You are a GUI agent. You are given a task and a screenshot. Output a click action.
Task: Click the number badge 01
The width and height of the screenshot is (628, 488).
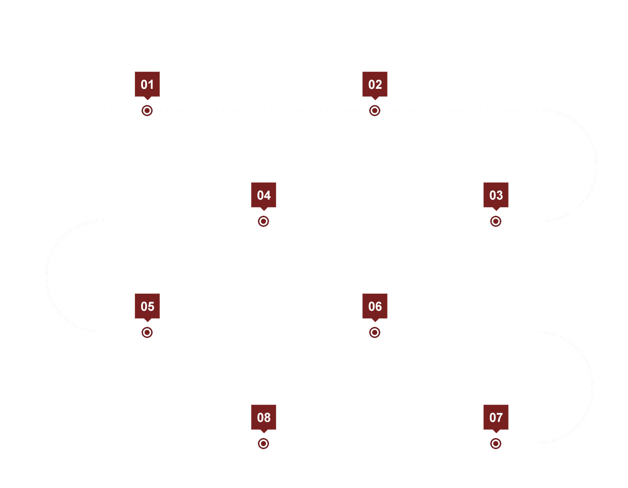click(147, 84)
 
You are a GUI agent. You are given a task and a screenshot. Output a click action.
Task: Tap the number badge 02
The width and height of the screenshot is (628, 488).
click(375, 84)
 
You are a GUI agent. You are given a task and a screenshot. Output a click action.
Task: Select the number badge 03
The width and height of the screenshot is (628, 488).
click(496, 195)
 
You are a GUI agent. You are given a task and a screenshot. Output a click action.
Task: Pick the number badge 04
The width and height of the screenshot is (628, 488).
click(264, 195)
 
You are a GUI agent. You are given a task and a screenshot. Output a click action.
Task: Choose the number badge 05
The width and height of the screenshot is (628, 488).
click(147, 306)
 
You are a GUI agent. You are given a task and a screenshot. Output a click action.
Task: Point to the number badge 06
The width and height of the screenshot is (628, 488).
click(375, 306)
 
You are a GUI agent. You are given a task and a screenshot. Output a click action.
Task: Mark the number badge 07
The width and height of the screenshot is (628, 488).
click(496, 417)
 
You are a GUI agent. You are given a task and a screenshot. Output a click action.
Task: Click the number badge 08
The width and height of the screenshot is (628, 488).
click(264, 417)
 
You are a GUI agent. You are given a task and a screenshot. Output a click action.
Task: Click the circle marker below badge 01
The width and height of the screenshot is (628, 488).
click(147, 111)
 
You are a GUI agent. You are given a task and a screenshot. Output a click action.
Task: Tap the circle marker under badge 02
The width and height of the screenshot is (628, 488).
click(375, 111)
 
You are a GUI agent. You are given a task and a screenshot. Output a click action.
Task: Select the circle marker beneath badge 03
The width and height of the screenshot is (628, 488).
click(496, 221)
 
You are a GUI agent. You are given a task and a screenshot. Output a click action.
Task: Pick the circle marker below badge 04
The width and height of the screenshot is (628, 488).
click(264, 221)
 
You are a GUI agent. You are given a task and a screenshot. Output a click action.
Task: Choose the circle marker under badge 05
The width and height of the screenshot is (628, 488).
click(147, 333)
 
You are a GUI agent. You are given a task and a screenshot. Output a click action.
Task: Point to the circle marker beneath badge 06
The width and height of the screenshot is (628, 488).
click(375, 333)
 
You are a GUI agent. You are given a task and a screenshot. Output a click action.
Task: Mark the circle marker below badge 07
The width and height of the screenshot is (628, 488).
click(496, 444)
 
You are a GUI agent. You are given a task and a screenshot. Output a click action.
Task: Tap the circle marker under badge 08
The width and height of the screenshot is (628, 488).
click(264, 444)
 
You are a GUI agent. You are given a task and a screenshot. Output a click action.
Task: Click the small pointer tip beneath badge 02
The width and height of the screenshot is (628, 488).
click(375, 99)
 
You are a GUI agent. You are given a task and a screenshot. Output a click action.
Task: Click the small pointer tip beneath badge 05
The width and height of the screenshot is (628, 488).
click(147, 321)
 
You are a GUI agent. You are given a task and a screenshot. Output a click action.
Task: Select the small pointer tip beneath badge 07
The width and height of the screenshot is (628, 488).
click(496, 432)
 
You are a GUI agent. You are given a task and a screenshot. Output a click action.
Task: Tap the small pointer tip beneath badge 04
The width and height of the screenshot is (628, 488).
click(264, 209)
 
